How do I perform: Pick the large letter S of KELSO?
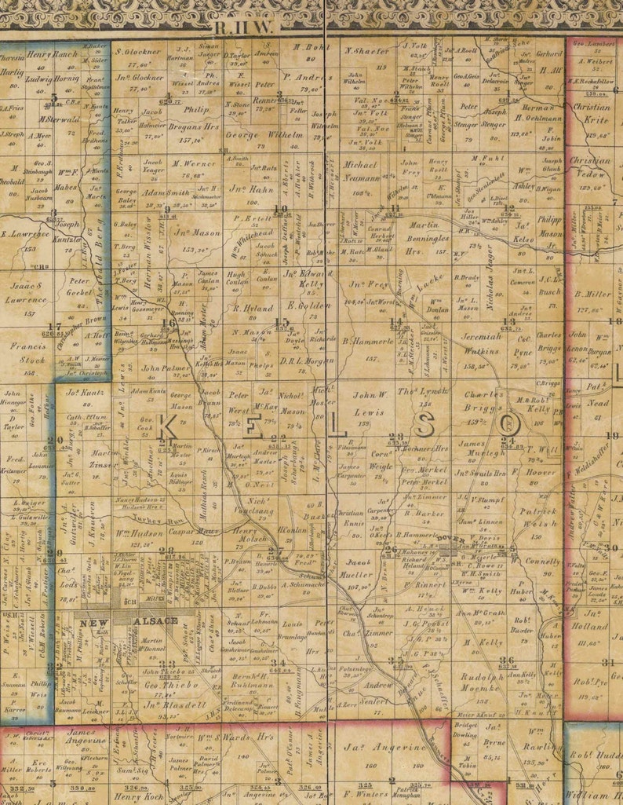pos(426,425)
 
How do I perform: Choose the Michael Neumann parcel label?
pos(361,171)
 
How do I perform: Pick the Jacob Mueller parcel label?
pos(359,569)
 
